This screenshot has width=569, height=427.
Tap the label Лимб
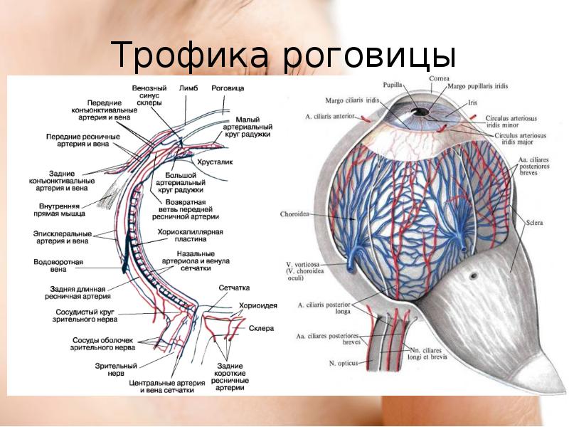click(x=188, y=88)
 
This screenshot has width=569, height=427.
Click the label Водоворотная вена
click(x=58, y=266)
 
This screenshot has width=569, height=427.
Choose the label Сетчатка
click(x=234, y=288)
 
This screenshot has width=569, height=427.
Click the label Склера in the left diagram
click(x=255, y=328)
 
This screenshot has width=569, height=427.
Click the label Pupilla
click(x=393, y=84)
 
